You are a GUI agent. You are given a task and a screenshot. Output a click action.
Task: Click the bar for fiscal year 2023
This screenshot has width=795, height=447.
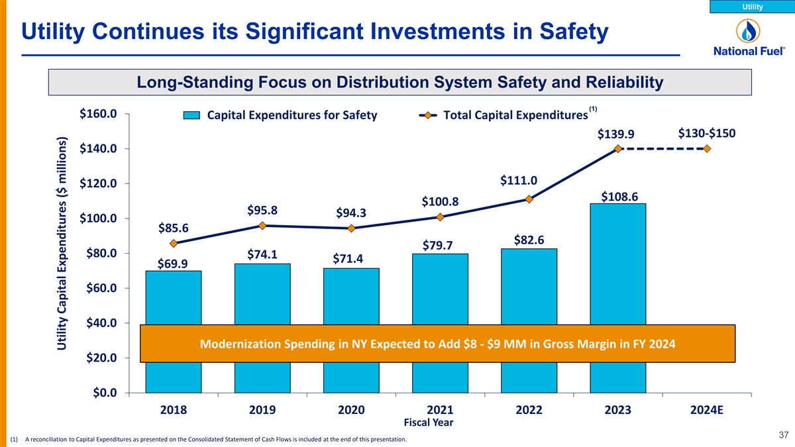(617, 265)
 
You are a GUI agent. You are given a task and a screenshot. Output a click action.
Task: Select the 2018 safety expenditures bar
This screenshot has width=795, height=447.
(174, 298)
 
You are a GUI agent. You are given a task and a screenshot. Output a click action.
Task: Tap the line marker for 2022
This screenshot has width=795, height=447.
(529, 199)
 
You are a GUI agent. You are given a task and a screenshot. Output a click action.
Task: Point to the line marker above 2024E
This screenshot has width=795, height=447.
(708, 148)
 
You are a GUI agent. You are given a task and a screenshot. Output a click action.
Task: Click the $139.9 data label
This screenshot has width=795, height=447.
(616, 134)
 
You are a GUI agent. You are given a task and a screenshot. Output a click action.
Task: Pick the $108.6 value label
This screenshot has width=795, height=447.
(619, 197)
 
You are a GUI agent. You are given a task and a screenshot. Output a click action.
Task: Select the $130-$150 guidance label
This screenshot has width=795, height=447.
(707, 132)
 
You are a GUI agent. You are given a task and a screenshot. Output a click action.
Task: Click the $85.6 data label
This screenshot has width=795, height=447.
(174, 228)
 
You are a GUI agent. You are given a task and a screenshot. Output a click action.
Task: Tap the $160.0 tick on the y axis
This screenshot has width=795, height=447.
(99, 114)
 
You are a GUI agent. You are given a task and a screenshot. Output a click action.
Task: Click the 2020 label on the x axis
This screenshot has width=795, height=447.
(351, 410)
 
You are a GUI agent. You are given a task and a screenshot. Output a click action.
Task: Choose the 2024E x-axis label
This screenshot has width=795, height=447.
(707, 410)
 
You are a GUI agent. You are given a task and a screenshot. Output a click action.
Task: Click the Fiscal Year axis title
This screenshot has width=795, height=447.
(429, 422)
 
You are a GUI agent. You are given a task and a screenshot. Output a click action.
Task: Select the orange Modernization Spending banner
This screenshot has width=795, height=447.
(438, 344)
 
